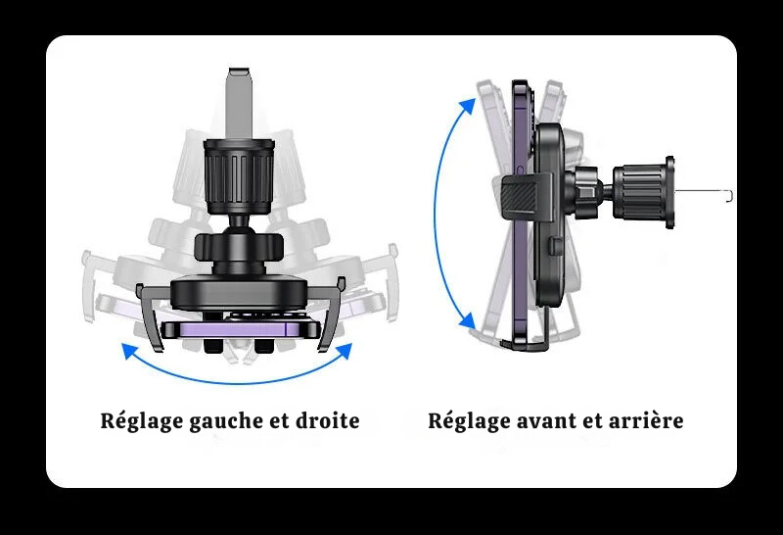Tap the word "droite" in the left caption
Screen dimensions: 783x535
[328, 420]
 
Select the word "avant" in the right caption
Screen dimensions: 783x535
[547, 420]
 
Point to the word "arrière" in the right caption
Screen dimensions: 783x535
[646, 420]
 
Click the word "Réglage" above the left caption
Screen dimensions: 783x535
[142, 421]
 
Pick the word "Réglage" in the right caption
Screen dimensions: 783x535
[470, 421]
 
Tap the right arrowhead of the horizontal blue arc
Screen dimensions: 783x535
[345, 351]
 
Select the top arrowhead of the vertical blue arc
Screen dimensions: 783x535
[468, 106]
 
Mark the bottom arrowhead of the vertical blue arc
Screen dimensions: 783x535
[468, 320]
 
